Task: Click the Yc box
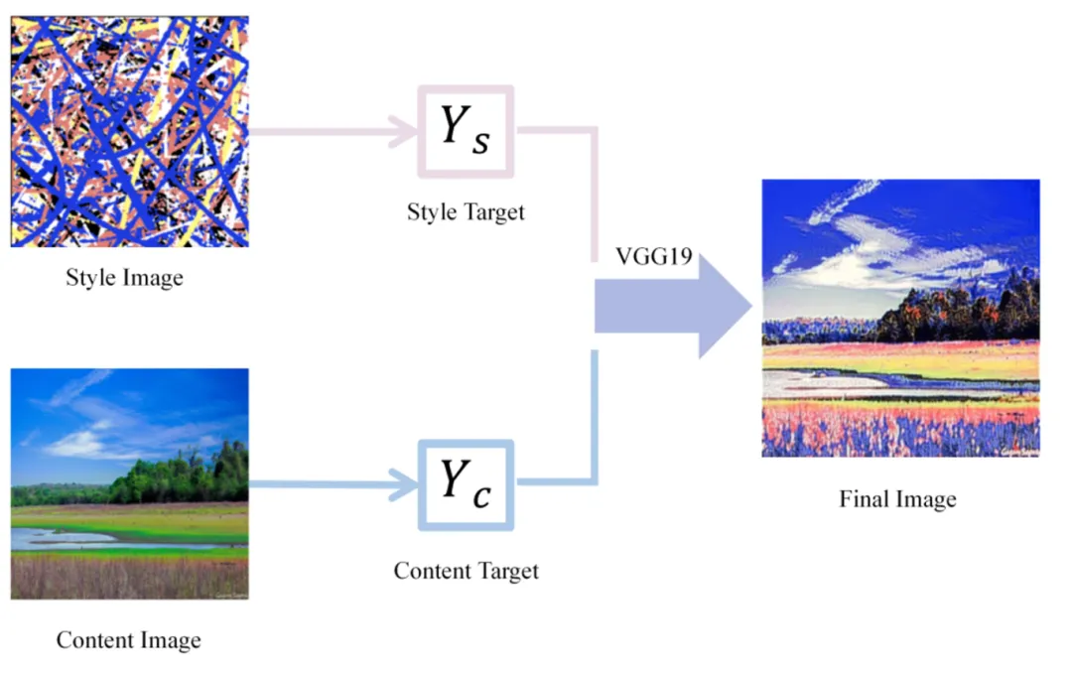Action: pyautogui.click(x=466, y=483)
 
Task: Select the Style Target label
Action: pyautogui.click(x=466, y=211)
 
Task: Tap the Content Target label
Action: pyautogui.click(x=466, y=571)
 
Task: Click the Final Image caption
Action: pyautogui.click(x=897, y=498)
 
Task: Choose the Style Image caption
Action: pyautogui.click(x=124, y=277)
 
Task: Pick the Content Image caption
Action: pyautogui.click(x=128, y=640)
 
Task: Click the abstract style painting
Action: pyautogui.click(x=129, y=132)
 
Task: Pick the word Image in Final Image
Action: pyautogui.click(x=925, y=498)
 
